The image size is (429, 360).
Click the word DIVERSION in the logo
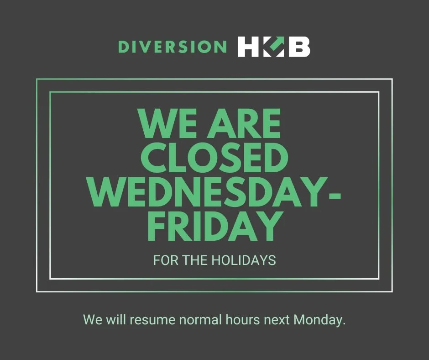point(172,47)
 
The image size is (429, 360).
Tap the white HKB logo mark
point(274,47)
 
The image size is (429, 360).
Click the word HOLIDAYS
point(244,260)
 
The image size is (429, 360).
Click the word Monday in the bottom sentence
point(319,320)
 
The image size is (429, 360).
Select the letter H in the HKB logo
point(249,47)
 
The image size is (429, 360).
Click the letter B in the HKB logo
point(298,47)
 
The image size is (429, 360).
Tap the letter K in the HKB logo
point(274,47)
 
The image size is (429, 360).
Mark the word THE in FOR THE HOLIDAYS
point(196,260)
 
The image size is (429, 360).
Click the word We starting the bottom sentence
point(93,320)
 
